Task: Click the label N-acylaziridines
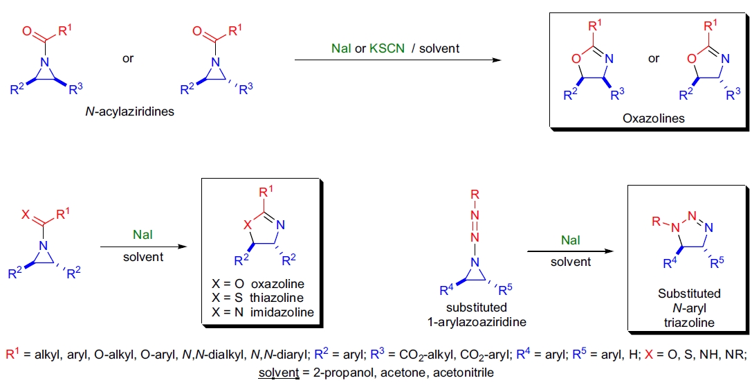[127, 110]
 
